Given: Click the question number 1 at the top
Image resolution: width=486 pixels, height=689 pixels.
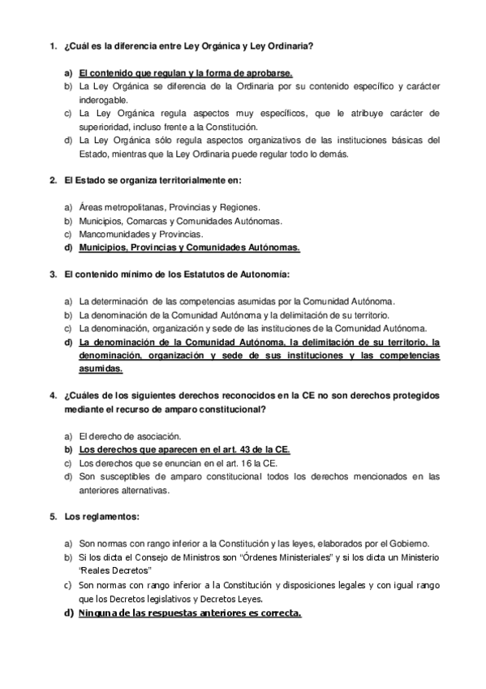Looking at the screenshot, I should click(51, 46).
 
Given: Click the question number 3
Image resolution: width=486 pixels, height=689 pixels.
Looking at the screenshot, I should click(51, 274).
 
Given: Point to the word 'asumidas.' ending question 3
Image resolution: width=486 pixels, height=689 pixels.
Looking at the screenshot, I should click(101, 369).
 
